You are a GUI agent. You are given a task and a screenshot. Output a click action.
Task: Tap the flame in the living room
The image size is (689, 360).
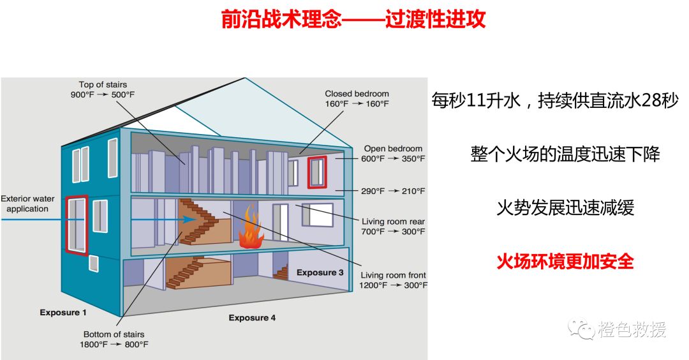pos(251,230)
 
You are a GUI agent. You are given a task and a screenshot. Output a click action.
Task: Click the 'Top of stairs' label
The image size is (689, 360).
pos(103,85)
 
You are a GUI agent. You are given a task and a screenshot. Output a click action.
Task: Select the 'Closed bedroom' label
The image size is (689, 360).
pos(357,94)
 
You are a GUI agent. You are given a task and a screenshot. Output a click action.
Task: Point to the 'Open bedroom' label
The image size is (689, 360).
pos(393,149)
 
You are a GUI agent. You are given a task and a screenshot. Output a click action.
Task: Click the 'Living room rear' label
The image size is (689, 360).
pos(393,221)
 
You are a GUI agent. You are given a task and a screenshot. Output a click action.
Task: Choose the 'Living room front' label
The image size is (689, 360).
pos(393,275)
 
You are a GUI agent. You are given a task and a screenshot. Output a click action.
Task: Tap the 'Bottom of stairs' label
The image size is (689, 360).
pos(114,334)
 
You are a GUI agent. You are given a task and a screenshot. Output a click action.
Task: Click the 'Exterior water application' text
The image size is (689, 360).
pos(27,204)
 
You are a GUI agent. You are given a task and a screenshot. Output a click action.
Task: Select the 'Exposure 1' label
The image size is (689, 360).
pos(63,313)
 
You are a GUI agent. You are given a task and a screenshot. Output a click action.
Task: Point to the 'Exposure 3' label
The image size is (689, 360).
pos(320,273)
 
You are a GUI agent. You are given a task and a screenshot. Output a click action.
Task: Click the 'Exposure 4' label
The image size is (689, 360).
pos(252,318)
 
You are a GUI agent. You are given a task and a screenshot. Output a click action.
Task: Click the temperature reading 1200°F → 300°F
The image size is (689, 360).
pos(393,285)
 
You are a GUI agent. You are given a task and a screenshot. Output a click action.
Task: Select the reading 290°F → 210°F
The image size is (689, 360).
pos(393,191)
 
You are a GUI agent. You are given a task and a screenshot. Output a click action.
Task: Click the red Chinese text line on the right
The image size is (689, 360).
pos(565,261)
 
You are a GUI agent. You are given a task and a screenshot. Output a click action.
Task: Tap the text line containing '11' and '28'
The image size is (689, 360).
pos(554,101)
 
